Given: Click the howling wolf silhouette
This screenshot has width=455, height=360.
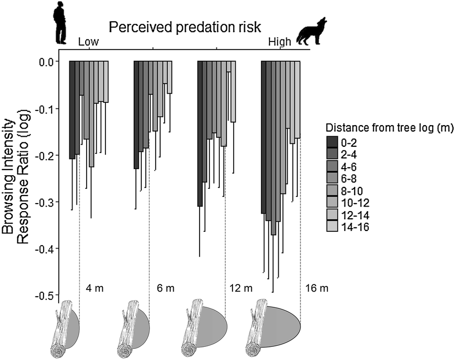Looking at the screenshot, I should [x=311, y=31].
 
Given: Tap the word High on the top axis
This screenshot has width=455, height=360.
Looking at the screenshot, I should [x=279, y=43].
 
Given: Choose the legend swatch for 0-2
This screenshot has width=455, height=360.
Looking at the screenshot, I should [x=332, y=141].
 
